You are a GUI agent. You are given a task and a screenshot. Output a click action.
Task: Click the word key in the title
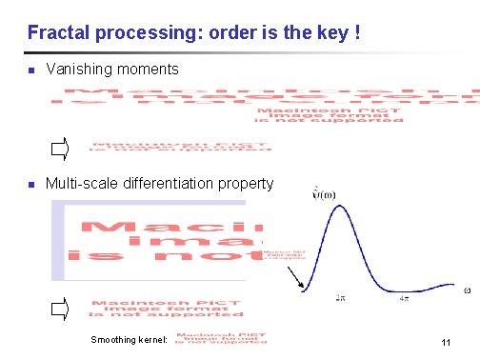coord(332,34)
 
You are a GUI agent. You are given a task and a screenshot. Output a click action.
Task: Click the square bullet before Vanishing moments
coord(31,70)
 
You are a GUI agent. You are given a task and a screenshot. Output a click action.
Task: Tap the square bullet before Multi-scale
coord(31,184)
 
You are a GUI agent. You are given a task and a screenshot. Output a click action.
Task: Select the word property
coord(250,183)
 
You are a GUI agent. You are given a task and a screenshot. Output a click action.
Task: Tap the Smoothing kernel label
coord(129,339)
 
